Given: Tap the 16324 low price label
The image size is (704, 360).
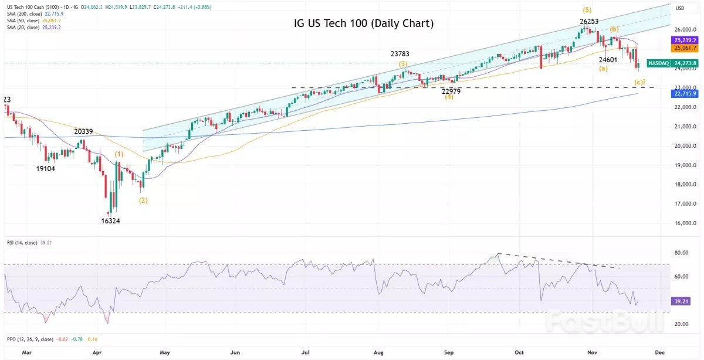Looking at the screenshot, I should point(111,221).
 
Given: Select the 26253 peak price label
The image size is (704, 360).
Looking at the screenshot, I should point(589,21).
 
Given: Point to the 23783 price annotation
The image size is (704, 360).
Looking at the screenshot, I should point(400,54).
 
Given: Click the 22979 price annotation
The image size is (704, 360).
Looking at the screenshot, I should point(451,91).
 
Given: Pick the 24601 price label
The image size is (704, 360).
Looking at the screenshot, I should point(607,59).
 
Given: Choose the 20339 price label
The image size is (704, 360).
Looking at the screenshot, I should point(86,132).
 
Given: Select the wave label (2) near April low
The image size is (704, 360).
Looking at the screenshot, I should point(143,201).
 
